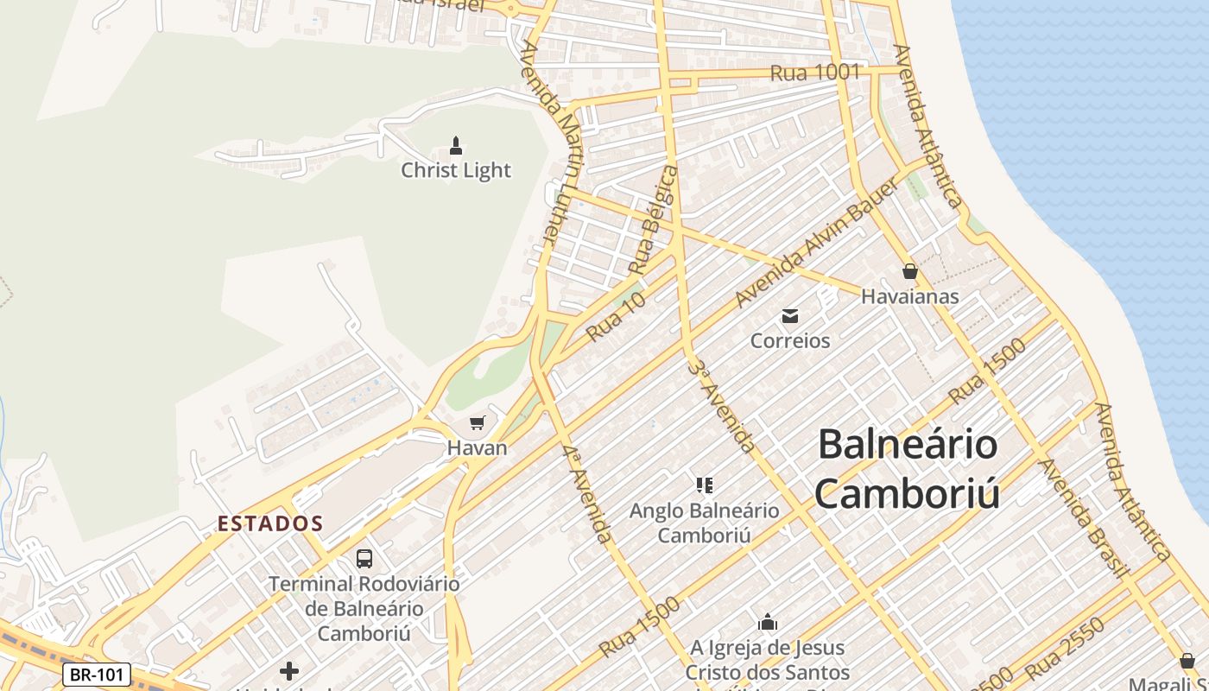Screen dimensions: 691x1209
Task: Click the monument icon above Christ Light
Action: [456, 146]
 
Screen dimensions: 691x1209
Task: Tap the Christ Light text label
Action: [456, 171]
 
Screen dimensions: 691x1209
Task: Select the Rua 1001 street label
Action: [814, 73]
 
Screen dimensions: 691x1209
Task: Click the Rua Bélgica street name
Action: [654, 220]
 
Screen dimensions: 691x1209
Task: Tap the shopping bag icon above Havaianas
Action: [909, 272]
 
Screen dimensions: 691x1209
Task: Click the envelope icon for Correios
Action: [790, 315]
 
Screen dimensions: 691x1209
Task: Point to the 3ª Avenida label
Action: [722, 407]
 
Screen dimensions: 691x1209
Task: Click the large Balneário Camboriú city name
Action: [907, 469]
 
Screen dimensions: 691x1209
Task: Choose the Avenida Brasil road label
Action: [1085, 517]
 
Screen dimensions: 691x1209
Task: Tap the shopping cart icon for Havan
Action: [477, 423]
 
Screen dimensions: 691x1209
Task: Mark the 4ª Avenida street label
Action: [587, 493]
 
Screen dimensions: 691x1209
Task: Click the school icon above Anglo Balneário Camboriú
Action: [704, 485]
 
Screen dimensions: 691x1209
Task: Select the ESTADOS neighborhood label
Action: [270, 523]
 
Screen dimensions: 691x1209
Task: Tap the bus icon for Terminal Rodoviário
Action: [364, 559]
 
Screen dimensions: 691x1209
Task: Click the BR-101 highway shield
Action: [96, 675]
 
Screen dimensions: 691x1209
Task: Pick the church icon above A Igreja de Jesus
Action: [767, 622]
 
